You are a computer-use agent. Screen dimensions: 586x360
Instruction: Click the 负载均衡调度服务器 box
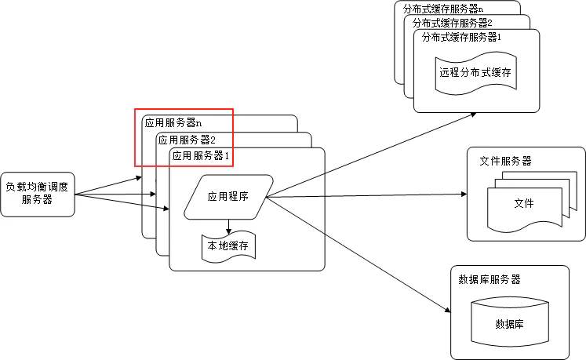click(38, 195)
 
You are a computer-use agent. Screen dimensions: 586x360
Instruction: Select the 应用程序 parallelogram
click(228, 197)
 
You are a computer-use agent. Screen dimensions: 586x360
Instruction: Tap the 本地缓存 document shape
click(229, 247)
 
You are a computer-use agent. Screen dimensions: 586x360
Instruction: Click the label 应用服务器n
click(173, 123)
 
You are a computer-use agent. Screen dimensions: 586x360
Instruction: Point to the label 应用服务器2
click(187, 140)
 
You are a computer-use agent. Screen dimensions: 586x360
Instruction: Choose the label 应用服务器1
click(201, 156)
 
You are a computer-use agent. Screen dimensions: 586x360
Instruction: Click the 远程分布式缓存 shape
click(475, 73)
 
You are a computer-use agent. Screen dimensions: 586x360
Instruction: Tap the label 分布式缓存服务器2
click(453, 24)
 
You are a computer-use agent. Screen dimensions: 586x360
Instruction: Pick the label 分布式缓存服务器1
click(461, 38)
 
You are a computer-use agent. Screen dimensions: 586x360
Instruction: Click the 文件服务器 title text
click(506, 161)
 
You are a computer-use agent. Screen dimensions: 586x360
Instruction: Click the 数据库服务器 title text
click(490, 279)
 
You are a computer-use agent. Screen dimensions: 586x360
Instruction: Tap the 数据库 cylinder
click(510, 322)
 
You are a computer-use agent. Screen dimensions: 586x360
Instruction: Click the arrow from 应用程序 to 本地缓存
click(229, 227)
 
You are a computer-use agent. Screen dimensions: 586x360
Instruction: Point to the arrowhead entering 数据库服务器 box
click(447, 310)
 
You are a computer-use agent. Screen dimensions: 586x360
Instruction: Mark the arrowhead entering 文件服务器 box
click(464, 194)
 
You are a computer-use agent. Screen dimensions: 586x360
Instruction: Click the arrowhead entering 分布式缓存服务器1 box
click(473, 115)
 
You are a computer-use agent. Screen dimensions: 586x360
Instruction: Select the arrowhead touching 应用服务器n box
click(139, 178)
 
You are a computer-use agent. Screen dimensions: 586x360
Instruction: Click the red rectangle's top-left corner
click(135, 109)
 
